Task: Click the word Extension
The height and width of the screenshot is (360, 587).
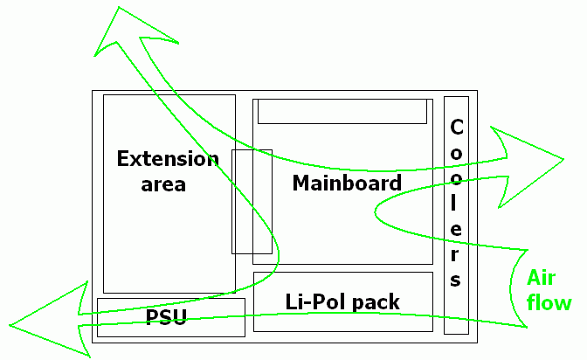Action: pyautogui.click(x=167, y=159)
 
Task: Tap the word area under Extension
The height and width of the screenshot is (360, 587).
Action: pyautogui.click(x=163, y=184)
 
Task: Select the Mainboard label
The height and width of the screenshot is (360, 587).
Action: pyautogui.click(x=347, y=183)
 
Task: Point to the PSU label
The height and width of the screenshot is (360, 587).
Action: pyautogui.click(x=167, y=316)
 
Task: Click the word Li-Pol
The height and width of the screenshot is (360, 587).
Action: pyautogui.click(x=313, y=302)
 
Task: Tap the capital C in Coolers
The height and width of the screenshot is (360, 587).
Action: pyautogui.click(x=456, y=128)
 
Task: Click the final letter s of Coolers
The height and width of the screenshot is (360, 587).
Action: pyautogui.click(x=456, y=281)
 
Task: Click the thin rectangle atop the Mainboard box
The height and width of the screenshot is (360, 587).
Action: pyautogui.click(x=342, y=112)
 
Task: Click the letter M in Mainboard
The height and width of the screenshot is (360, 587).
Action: pyautogui.click(x=300, y=183)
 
